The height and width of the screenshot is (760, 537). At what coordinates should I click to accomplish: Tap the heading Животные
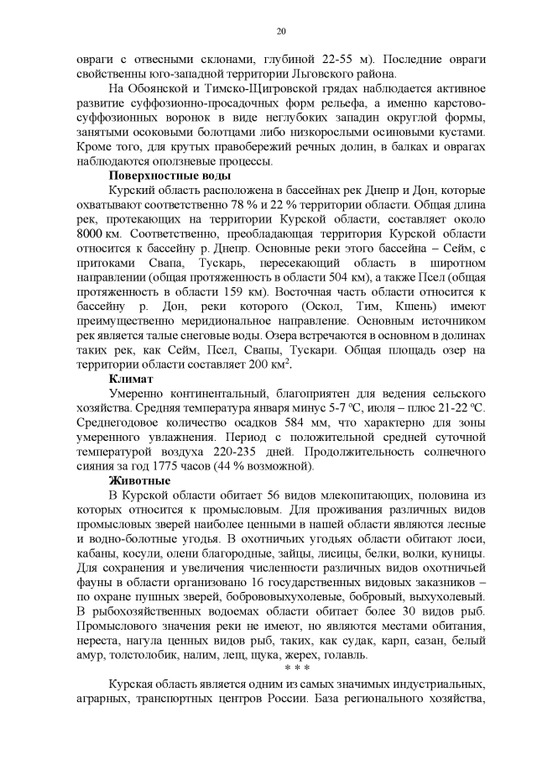pyautogui.click(x=139, y=480)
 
